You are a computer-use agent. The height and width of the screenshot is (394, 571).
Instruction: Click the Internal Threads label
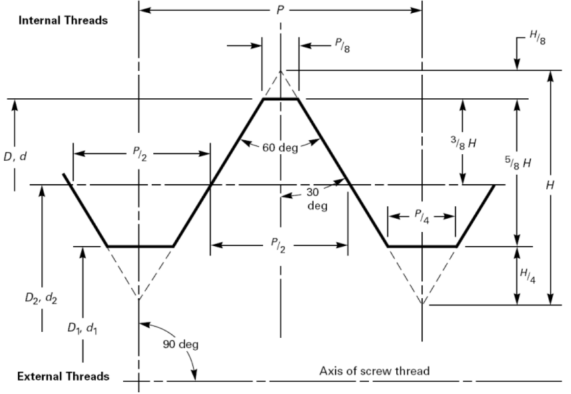pos(63,20)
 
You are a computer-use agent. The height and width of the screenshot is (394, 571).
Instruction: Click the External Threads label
pos(63,377)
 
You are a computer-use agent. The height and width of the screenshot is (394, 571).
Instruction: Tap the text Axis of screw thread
pos(374,371)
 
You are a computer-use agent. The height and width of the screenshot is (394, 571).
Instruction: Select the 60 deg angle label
pos(281,147)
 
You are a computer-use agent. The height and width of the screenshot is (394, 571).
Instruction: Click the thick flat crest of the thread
pos(281,99)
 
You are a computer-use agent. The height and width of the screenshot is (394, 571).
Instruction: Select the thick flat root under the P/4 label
pos(422,247)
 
